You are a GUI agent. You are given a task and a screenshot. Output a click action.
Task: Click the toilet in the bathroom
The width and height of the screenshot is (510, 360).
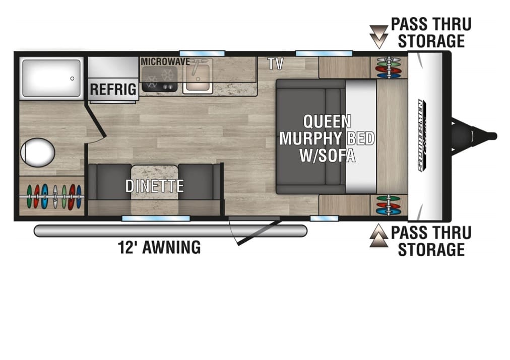coord(37,153)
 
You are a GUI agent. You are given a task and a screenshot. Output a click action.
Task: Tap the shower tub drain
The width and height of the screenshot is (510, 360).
coord(72,79)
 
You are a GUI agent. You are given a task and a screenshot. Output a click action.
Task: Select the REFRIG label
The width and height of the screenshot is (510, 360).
coord(113,89)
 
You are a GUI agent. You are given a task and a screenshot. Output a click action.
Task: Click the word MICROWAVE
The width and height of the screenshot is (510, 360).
coord(165,61)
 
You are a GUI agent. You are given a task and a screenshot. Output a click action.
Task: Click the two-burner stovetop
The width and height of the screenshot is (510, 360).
coord(159,79)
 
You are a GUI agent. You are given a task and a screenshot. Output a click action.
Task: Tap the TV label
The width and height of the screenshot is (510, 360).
coord(276,64)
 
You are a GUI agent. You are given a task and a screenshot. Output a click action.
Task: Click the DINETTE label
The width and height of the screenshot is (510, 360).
coord(155,186)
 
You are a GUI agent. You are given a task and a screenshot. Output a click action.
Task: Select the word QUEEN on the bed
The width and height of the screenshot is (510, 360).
coord(327,121)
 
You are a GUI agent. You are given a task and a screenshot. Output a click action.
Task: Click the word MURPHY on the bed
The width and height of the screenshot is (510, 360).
coord(310,138)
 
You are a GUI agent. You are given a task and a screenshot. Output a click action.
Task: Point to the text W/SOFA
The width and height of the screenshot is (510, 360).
coord(327,155)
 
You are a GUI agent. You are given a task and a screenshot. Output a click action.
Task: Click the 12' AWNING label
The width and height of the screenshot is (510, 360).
coord(159,248)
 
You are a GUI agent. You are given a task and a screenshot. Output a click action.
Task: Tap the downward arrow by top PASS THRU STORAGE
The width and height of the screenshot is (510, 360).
coord(378,37)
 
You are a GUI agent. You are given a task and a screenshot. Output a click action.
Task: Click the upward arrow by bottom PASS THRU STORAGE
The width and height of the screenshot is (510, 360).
coord(378,236)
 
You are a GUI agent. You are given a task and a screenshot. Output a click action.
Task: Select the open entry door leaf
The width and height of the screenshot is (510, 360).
coord(259,233)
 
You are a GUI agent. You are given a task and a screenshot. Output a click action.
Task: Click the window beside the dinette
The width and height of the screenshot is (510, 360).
coord(156,219)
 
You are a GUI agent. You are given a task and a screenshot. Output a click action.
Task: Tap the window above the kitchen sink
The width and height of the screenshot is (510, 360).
coord(202,53)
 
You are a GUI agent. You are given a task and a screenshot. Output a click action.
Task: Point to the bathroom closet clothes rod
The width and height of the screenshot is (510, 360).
coord(52,196)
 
